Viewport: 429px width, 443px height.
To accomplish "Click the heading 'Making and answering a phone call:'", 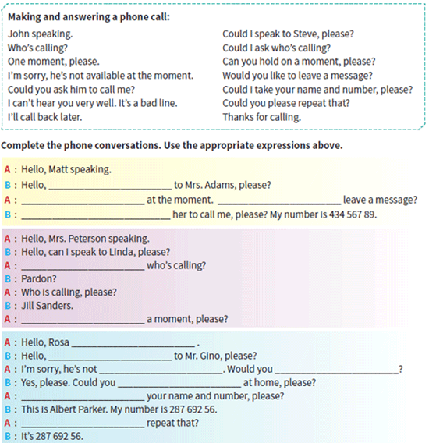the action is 89,17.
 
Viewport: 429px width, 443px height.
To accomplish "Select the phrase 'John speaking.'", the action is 40,34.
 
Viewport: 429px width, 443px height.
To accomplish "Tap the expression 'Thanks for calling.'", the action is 262,117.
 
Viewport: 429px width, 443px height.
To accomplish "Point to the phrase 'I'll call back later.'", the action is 44,117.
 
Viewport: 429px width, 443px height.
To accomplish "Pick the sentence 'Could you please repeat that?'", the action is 286,103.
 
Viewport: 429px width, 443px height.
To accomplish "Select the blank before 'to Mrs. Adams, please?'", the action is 110,188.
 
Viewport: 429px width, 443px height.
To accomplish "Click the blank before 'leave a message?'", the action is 279,203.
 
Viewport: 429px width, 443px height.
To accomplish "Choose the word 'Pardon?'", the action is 39,279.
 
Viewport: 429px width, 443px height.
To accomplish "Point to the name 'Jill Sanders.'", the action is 48,306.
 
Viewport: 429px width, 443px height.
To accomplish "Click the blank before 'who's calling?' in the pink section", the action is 83,268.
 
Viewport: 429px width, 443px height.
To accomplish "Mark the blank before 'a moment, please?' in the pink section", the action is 83,322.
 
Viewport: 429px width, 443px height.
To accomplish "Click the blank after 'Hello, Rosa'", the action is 133,346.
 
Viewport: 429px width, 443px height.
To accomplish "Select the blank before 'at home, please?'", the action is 179,386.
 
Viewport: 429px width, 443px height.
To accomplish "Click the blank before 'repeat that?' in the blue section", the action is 83,427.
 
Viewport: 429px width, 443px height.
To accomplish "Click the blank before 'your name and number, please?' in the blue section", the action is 83,399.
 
